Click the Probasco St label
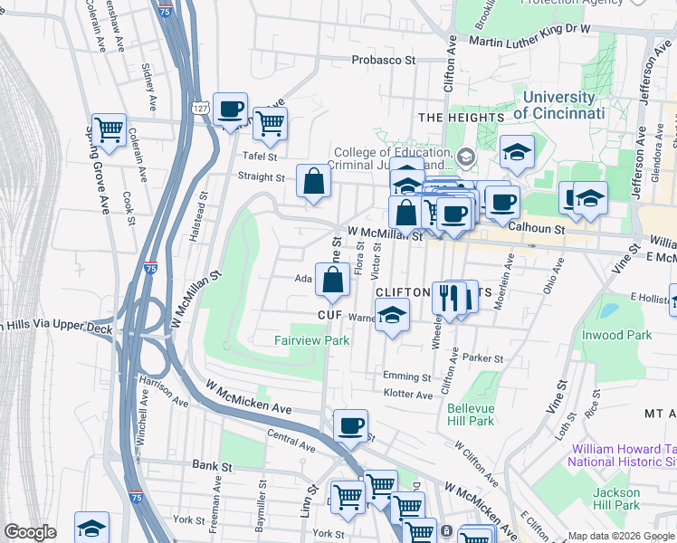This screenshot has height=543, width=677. tap(383, 61)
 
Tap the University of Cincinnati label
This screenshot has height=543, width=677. tap(558, 106)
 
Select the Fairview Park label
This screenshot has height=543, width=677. tap(311, 340)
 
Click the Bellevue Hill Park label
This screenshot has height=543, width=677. tap(471, 414)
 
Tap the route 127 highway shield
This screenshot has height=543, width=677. tap(201, 108)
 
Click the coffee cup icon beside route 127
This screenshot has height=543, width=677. tap(230, 109)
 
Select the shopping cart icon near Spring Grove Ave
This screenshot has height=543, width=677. tap(109, 129)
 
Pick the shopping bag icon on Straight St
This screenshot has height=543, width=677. tap(313, 181)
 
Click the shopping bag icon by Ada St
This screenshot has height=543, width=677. tap(332, 279)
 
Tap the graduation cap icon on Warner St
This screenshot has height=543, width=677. tap(393, 315)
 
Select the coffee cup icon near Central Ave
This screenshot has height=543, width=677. tap(350, 424)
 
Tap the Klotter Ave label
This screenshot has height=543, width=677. tap(408, 395)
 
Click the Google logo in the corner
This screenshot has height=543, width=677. tap(30, 532)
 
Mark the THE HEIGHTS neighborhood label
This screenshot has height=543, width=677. tap(462, 118)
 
